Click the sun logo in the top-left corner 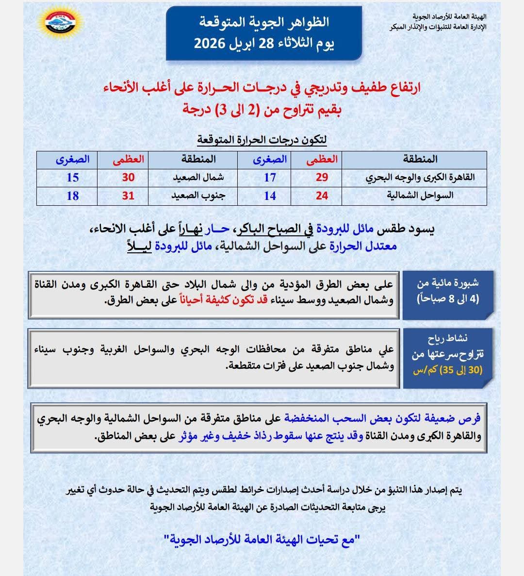[61, 24]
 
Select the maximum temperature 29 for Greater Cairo [322, 178]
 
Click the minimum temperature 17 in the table [270, 178]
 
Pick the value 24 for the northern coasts [322, 196]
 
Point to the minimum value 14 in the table [270, 196]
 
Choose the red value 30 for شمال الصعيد [128, 178]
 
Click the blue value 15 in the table [73, 178]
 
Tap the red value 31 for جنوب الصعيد [128, 196]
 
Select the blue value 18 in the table [73, 196]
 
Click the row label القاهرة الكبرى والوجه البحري [420, 178]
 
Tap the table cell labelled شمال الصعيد [198, 178]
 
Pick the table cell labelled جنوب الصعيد [198, 196]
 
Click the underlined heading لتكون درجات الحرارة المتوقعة [262, 140]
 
